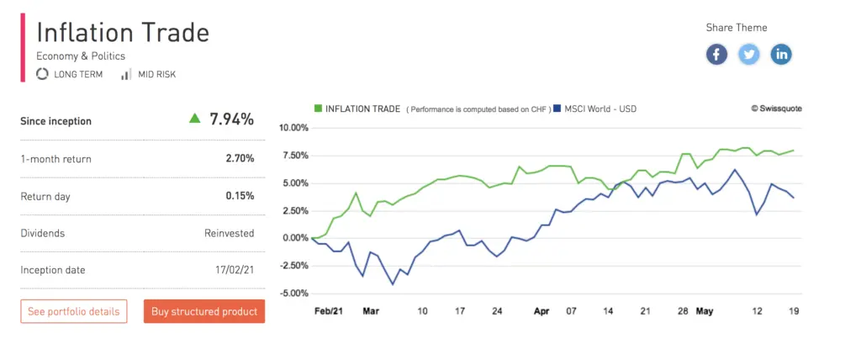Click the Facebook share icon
tap(716, 55)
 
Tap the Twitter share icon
tap(749, 55)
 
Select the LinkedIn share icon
tap(782, 55)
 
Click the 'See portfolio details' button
tap(73, 311)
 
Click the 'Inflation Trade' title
tap(123, 33)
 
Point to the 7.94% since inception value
tap(231, 119)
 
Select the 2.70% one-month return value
tap(240, 158)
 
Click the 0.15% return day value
tap(240, 196)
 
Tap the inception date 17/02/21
tap(234, 270)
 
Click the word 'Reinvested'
tap(229, 233)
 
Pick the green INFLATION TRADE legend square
tap(318, 109)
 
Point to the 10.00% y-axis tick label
tap(293, 128)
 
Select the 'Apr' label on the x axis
tap(541, 310)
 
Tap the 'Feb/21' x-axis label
tap(327, 310)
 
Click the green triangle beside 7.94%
tap(195, 119)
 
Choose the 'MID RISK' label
tap(156, 74)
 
